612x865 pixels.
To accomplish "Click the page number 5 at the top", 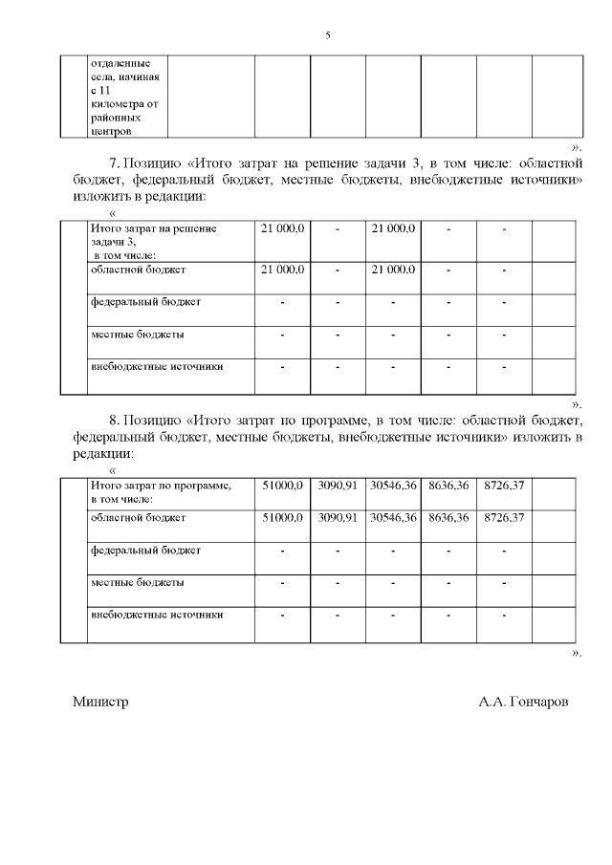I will point(328,35).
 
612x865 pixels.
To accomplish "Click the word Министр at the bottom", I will point(100,701).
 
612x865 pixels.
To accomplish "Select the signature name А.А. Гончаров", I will point(524,701).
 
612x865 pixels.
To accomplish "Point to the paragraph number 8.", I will point(114,420).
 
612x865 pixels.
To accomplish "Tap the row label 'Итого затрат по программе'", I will point(161,487).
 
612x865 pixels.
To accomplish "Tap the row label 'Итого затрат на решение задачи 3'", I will point(153,228).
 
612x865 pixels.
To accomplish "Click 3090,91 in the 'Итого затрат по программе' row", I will point(338,487).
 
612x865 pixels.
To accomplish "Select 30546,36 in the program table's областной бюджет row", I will point(393,518).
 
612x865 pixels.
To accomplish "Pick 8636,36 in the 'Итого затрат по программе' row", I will point(448,487).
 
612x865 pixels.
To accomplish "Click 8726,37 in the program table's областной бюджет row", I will point(504,518).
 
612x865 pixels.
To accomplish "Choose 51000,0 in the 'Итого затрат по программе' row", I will point(282,487).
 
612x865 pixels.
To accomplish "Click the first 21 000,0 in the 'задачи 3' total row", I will point(282,229).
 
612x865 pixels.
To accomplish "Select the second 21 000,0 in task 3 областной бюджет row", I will point(393,270).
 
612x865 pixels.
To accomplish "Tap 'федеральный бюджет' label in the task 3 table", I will point(146,301).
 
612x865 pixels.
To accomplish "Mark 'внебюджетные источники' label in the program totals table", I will point(157,615).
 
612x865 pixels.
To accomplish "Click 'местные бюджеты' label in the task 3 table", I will point(138,335).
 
